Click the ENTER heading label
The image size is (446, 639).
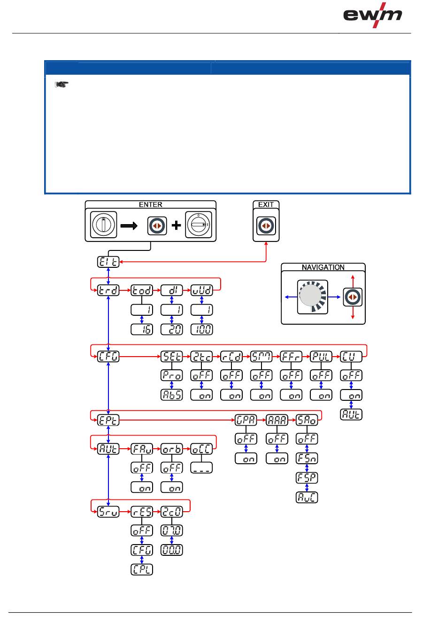[x=150, y=205]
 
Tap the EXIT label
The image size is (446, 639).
[x=266, y=205]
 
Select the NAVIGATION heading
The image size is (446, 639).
[x=323, y=267]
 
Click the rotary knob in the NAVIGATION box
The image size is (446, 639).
[x=313, y=297]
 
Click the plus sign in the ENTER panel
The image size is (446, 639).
[x=176, y=226]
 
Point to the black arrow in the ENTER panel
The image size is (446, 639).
[x=129, y=226]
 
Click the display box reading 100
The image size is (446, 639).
[x=202, y=329]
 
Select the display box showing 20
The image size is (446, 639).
[x=172, y=329]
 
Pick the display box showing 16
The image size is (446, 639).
[x=142, y=329]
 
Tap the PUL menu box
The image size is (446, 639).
[x=321, y=357]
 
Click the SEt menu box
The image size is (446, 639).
[x=172, y=357]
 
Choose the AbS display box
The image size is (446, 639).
[x=172, y=395]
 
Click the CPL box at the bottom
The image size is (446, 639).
[x=142, y=569]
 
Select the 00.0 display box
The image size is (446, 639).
[x=172, y=550]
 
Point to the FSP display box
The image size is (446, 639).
[x=307, y=478]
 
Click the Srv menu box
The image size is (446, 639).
[x=108, y=512]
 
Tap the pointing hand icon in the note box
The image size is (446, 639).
[x=62, y=85]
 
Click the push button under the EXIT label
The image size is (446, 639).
[x=266, y=226]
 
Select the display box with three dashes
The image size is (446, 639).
[x=202, y=468]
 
